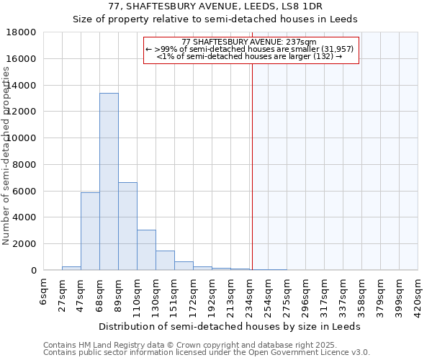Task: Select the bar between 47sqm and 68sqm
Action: point(90,231)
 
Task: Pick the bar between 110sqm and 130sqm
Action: point(146,250)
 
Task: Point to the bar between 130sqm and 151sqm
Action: point(165,261)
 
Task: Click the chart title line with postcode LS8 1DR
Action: point(215,6)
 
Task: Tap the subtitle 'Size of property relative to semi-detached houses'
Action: point(215,19)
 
